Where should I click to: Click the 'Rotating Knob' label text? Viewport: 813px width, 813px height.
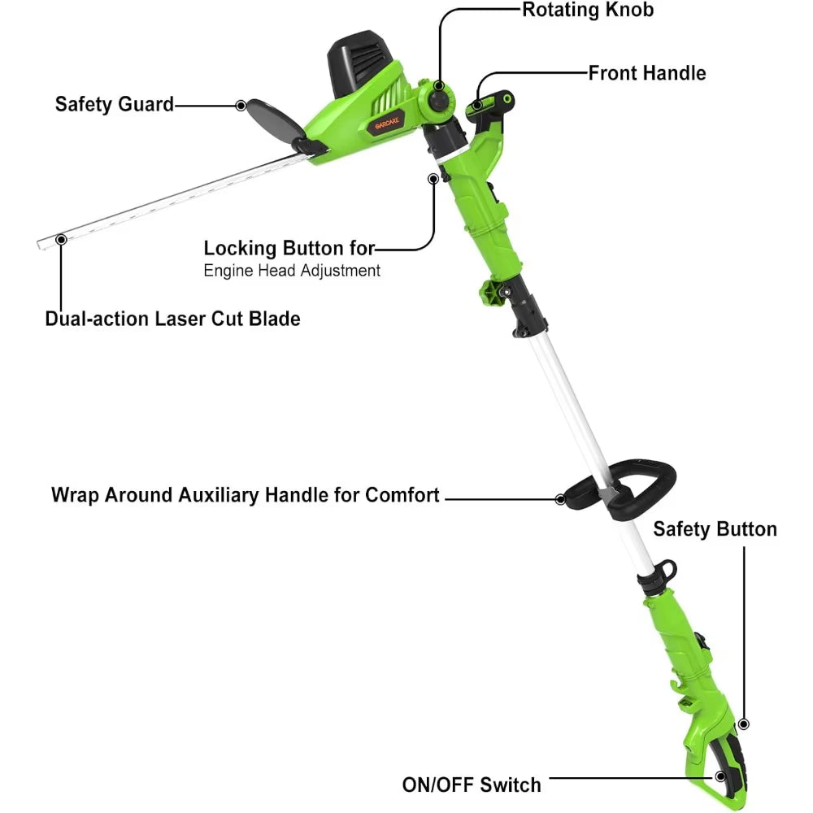[x=587, y=10]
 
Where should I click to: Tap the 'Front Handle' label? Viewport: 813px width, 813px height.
[x=646, y=73]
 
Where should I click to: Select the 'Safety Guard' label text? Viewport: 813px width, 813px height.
[x=115, y=104]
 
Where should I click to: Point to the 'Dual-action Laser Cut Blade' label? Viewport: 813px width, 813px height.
[x=172, y=318]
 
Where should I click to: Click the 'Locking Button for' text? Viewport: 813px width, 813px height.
[x=289, y=248]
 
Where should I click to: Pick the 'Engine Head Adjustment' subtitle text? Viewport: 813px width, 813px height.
[x=292, y=270]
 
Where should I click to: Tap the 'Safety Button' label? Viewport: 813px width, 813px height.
[x=715, y=530]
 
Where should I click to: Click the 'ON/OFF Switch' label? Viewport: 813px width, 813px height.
[x=472, y=785]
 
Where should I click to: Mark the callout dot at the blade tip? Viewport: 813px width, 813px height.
[x=61, y=239]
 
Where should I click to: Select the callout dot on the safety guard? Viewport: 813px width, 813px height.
[x=241, y=105]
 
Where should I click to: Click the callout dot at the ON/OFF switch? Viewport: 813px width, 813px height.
[x=720, y=776]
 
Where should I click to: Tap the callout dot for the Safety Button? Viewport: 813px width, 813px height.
[x=742, y=723]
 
